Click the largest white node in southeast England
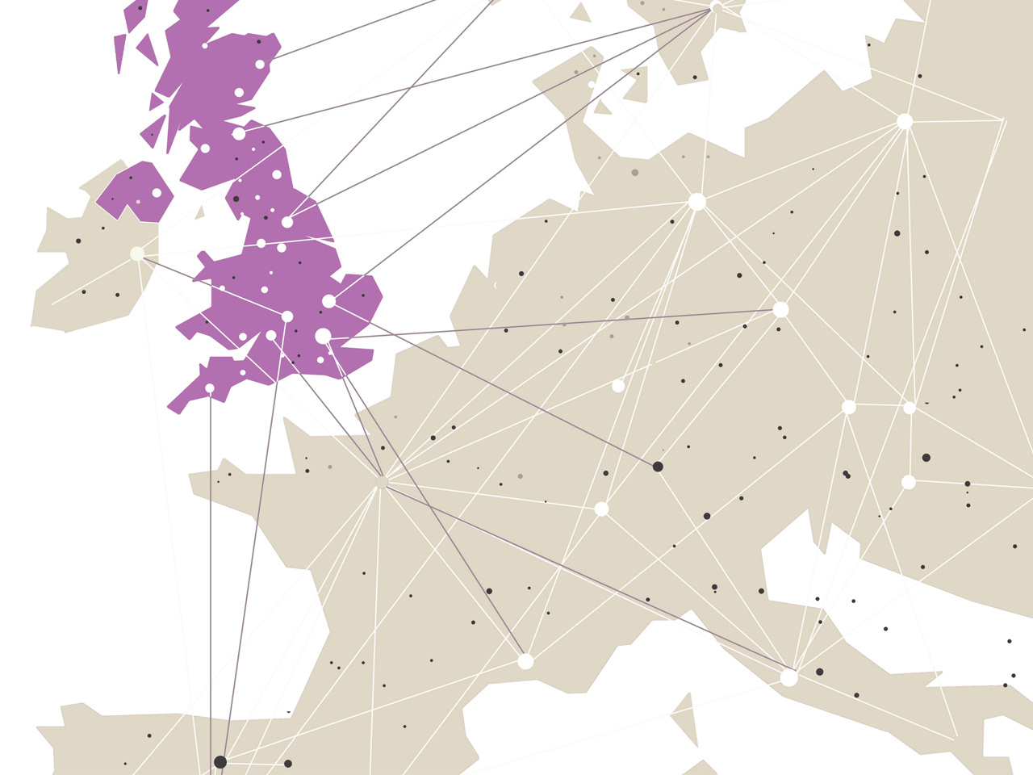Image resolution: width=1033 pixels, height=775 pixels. [x=323, y=336]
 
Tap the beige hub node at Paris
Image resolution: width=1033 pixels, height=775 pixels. [x=382, y=483]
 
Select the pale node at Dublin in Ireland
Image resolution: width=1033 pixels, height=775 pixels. [x=137, y=253]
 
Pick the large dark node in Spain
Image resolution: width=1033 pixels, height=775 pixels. [x=220, y=761]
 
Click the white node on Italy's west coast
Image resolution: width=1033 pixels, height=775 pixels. [x=788, y=678]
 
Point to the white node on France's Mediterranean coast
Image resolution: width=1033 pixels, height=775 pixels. [x=525, y=662]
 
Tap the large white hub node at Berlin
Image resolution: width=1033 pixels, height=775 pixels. [x=697, y=202]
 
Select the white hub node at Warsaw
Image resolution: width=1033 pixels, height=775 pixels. [x=905, y=122]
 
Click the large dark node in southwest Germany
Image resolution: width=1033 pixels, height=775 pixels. [x=658, y=467]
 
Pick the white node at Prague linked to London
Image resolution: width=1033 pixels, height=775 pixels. [x=780, y=309]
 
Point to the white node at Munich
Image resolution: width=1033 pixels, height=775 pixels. [x=601, y=509]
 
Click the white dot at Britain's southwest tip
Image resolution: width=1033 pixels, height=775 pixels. [x=210, y=388]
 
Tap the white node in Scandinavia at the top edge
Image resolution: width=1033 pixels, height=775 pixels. [x=717, y=8]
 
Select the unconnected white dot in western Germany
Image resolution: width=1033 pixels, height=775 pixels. [x=618, y=386]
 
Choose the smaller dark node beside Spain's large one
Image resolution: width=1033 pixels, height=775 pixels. [x=288, y=764]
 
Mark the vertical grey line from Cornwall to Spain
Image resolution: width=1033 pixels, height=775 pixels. [x=211, y=565]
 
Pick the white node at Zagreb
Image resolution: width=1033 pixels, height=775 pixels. [x=909, y=482]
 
